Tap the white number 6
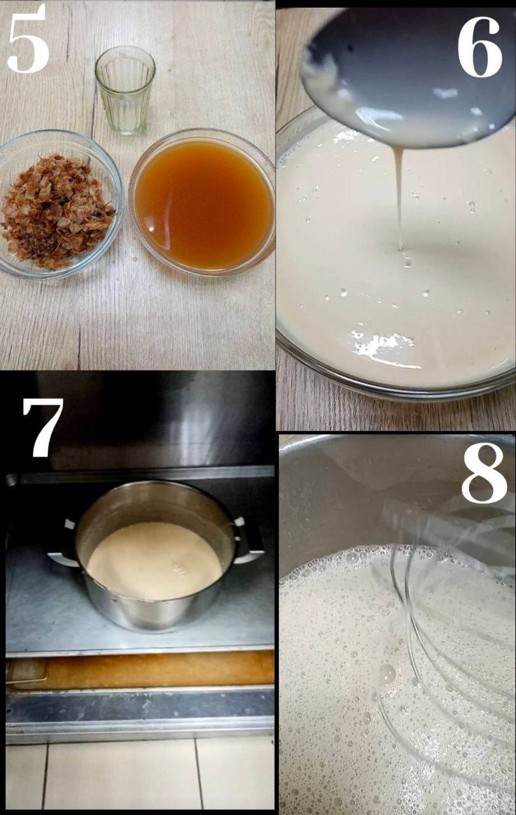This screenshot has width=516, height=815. pos(479,46)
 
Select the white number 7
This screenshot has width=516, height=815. pos(43,427)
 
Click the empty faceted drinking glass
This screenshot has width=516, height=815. pos(125,90)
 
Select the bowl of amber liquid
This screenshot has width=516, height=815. pos(203,202)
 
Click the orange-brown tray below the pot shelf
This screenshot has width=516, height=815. pos(140,670)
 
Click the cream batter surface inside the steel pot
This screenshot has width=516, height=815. pos(155,560)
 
